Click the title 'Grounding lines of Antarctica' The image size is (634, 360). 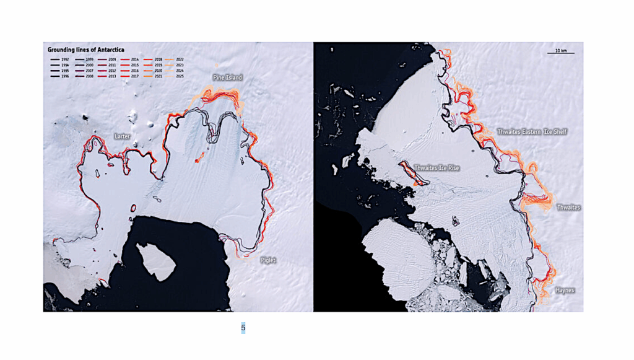coord(83,49)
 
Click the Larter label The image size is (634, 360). coord(123,135)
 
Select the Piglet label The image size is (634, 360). coord(267,260)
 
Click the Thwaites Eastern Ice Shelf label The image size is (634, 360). coord(532,132)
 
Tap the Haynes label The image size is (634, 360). coord(564,290)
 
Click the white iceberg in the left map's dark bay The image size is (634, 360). coord(155,260)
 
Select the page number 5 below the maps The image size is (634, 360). coord(243,327)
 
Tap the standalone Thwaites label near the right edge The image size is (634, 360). coord(568,208)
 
